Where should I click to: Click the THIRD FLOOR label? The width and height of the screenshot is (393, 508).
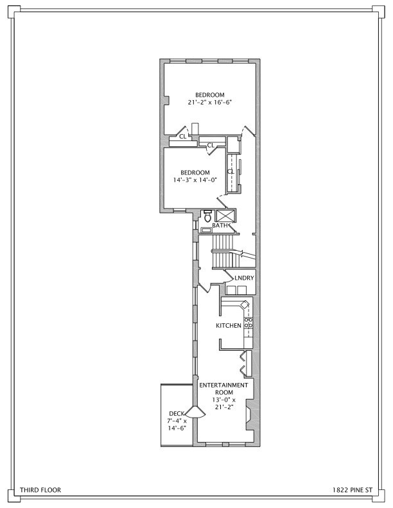[x=40, y=489]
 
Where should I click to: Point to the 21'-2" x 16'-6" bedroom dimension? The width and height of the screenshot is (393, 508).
[x=210, y=102]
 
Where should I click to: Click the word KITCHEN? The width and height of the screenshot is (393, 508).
[x=228, y=326]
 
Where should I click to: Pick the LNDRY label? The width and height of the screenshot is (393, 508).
[x=245, y=278]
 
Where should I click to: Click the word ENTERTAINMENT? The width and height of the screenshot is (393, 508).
[x=223, y=385]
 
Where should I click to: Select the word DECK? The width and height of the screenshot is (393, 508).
[x=177, y=413]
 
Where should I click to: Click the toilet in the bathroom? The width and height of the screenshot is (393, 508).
[x=207, y=216]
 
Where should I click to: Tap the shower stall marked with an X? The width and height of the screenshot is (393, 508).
[x=225, y=216]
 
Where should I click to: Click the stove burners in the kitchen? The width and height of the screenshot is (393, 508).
[x=247, y=323]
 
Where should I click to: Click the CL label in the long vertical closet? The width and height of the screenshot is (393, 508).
[x=230, y=171]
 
